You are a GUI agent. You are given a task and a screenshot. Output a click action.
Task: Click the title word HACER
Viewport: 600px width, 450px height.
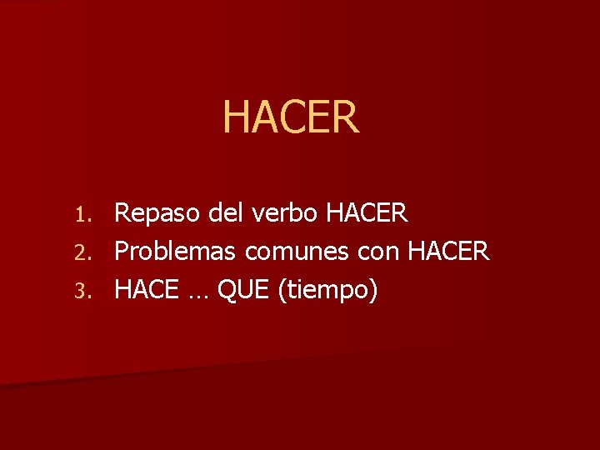coord(291,117)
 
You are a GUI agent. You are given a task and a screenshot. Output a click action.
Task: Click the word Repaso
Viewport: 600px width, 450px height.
coord(157,214)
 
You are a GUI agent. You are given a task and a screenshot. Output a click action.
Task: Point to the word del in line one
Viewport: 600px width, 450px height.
coord(227,213)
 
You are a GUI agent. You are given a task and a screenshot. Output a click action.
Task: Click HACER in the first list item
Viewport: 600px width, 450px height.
coord(367,213)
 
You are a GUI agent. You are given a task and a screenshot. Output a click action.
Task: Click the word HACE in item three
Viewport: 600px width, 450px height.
coord(146,290)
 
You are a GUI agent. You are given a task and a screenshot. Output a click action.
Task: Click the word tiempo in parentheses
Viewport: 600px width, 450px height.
coord(328,291)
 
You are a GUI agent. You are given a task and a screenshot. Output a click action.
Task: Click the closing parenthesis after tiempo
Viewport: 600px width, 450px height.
coord(374,291)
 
